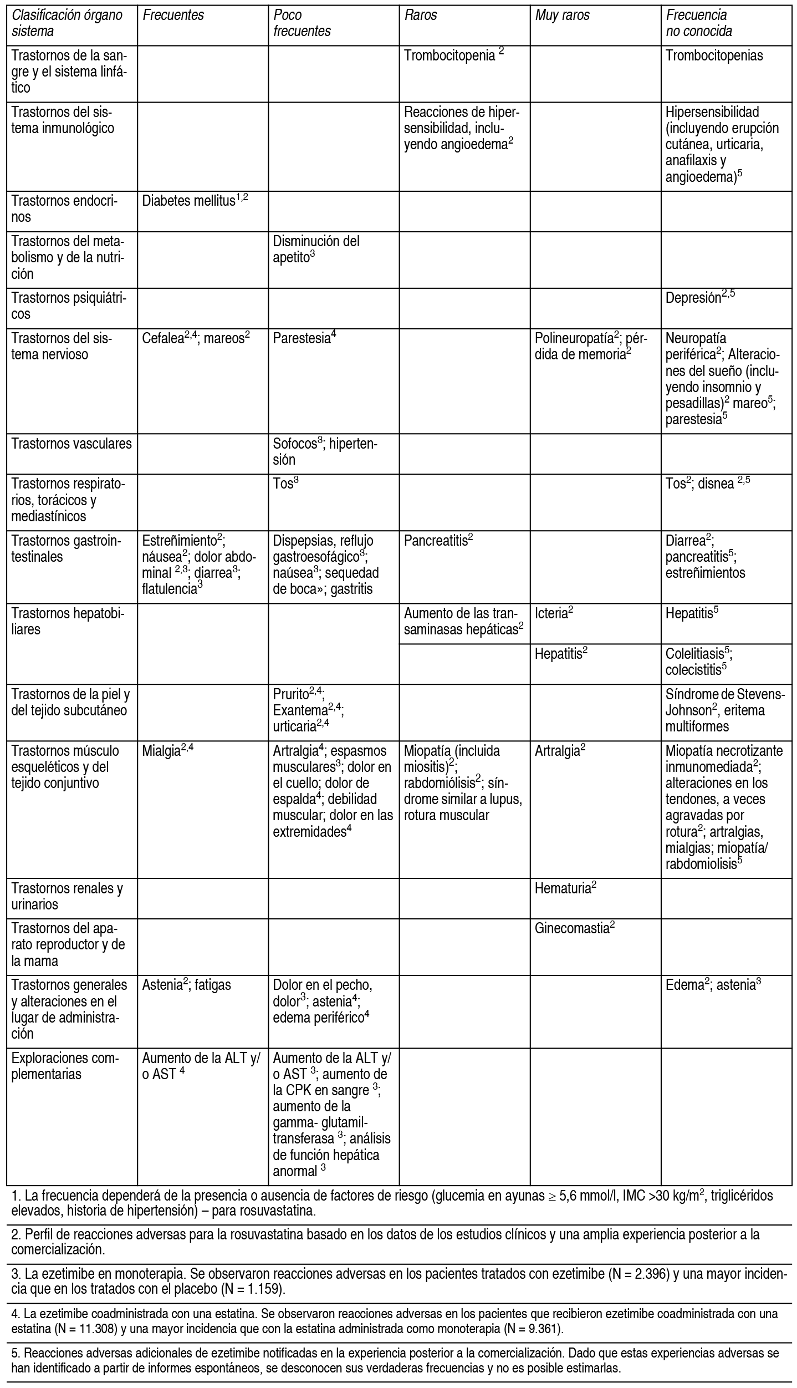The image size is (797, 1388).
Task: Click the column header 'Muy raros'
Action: (562, 16)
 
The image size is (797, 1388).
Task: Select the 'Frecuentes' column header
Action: (173, 16)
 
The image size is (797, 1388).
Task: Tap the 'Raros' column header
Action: (421, 16)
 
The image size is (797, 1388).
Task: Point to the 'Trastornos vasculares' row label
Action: (71, 444)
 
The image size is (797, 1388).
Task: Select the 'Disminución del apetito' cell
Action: (316, 249)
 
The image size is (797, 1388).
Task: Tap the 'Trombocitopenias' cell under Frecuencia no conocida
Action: (714, 55)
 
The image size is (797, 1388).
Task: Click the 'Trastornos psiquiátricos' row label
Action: (69, 306)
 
